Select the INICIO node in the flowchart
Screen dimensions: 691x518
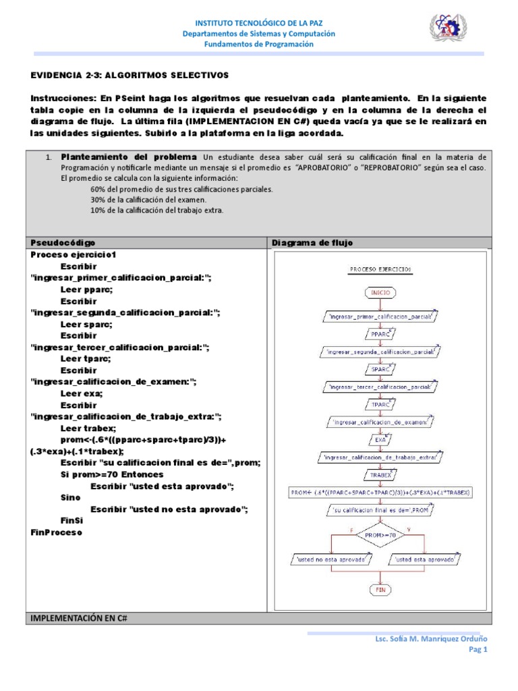[x=380, y=293]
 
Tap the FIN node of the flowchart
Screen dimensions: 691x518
[x=380, y=589]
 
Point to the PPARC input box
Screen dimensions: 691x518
[x=380, y=333]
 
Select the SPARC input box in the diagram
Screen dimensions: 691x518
[x=380, y=369]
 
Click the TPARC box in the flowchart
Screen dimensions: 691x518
[x=380, y=405]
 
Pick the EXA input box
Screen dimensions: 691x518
[x=380, y=440]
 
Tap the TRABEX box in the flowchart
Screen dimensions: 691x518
[x=380, y=475]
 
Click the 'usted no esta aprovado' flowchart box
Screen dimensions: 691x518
[x=331, y=559]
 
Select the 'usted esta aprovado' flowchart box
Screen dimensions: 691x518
[x=426, y=559]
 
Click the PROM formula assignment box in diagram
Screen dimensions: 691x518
[x=380, y=493]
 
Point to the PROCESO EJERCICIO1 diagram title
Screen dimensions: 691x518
[x=380, y=269]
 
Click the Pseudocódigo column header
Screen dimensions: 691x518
[x=63, y=242]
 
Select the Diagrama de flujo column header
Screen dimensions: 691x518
[x=312, y=242]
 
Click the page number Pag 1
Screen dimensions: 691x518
[x=477, y=649]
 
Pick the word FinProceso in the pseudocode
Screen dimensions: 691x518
[x=56, y=532]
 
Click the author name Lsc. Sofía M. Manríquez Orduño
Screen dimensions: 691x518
[x=431, y=638]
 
